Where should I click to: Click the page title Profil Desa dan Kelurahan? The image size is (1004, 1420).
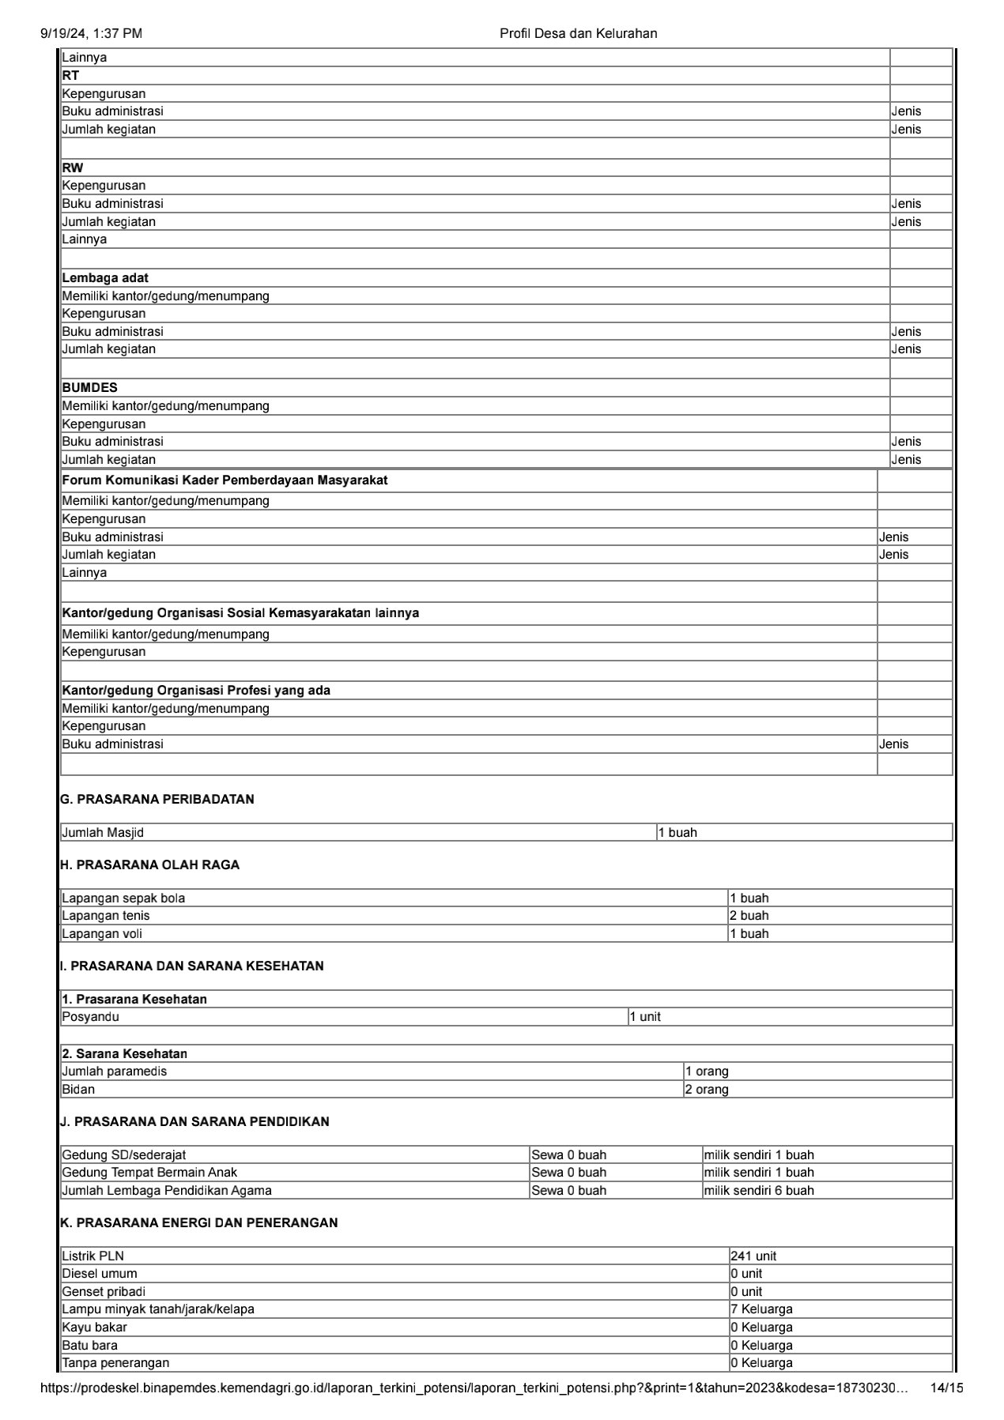click(x=578, y=33)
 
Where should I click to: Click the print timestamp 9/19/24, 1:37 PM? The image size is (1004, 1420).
click(x=91, y=33)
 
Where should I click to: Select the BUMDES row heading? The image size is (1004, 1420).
click(x=89, y=388)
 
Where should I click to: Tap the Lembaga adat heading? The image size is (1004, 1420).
click(x=105, y=278)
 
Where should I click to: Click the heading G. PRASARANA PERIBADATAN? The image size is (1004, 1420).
click(x=157, y=800)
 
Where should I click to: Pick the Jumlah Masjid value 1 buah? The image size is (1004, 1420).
click(x=678, y=833)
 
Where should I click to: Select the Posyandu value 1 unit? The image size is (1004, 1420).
click(x=645, y=1017)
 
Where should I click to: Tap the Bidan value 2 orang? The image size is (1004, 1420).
click(x=707, y=1090)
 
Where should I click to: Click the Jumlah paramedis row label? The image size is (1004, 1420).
click(x=115, y=1072)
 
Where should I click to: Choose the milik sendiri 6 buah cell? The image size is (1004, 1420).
click(x=759, y=1191)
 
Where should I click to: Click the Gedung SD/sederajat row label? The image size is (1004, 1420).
click(x=124, y=1155)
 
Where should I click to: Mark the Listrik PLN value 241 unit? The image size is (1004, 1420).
click(x=753, y=1256)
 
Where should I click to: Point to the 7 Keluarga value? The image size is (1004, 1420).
click(x=761, y=1309)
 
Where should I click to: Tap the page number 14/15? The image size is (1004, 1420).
click(x=946, y=1388)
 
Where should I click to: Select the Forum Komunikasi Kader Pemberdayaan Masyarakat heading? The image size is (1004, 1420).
click(x=225, y=480)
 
